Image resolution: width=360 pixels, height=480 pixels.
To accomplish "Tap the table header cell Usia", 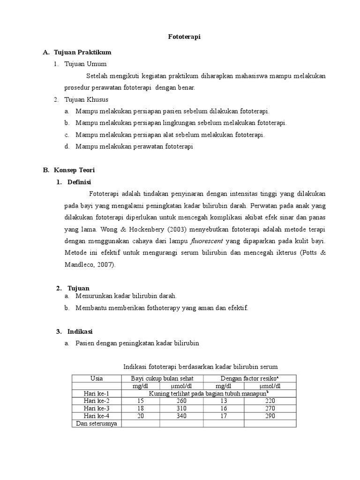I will (96, 378).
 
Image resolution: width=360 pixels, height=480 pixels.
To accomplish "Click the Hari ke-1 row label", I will (96, 393).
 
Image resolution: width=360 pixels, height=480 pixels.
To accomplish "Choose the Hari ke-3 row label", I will (96, 409).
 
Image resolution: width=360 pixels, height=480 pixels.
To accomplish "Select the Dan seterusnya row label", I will (96, 424).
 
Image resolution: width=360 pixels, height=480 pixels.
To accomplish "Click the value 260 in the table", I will (181, 401).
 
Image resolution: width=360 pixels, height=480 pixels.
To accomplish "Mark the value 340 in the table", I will (181, 416).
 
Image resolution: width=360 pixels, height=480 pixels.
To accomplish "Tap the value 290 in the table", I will (270, 416).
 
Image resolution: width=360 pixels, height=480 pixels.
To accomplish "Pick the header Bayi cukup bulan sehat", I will (162, 378).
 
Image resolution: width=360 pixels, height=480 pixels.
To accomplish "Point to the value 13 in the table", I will (223, 401).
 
